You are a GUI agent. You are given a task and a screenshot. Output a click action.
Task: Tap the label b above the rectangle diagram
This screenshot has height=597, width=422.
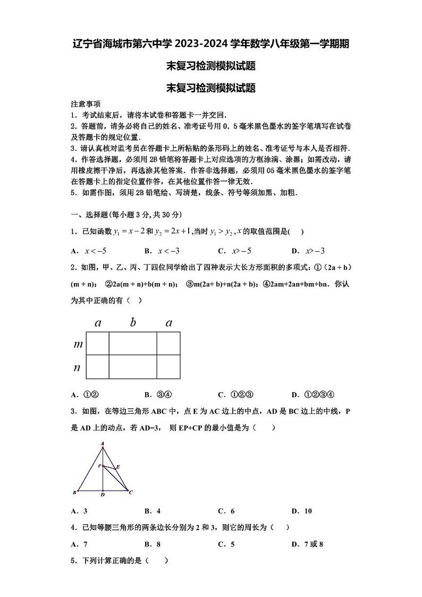pyautogui.click(x=133, y=322)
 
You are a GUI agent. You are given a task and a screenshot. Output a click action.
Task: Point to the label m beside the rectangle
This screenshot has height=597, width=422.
pyautogui.click(x=78, y=344)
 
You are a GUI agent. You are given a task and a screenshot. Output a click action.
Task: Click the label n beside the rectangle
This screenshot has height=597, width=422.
pyautogui.click(x=78, y=367)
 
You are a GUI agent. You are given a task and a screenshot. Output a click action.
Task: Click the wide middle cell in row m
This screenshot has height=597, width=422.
pyautogui.click(x=133, y=343)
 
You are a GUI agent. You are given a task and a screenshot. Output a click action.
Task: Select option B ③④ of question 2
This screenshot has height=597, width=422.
pyautogui.click(x=158, y=394)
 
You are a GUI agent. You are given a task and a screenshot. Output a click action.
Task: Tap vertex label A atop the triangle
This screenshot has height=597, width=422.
pyautogui.click(x=103, y=443)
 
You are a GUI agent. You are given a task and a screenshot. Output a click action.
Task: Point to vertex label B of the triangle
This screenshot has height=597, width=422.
pyautogui.click(x=74, y=492)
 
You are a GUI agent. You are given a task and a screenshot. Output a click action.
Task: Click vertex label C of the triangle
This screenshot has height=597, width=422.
pyautogui.click(x=131, y=492)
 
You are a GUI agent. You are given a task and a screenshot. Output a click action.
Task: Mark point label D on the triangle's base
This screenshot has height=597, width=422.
pyautogui.click(x=103, y=495)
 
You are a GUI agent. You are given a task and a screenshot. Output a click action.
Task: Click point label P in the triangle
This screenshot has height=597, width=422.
pyautogui.click(x=99, y=465)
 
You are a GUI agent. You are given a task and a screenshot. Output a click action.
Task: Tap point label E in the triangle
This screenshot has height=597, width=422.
pyautogui.click(x=117, y=467)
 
